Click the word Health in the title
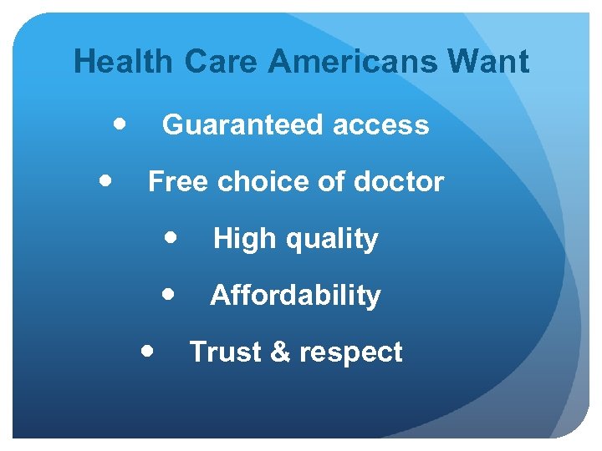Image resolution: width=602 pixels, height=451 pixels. click(124, 62)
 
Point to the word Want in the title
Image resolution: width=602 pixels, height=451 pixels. click(488, 62)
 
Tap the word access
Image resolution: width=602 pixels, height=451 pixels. click(381, 125)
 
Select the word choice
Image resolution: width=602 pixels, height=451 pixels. click(254, 181)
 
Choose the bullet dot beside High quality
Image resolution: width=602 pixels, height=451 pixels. click(171, 237)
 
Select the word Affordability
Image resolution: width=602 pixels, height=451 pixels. click(296, 295)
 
